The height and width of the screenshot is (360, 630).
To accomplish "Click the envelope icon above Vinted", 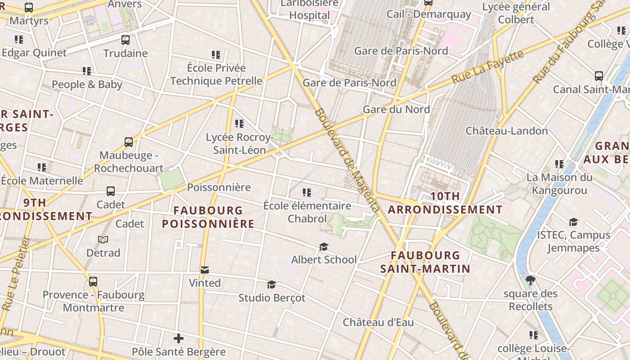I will pyautogui.click(x=205, y=270).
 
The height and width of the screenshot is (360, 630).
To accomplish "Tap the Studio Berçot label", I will pyautogui.click(x=272, y=298).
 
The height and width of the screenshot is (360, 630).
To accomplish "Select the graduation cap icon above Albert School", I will pyautogui.click(x=324, y=247).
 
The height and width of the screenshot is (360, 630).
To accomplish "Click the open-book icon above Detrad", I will pyautogui.click(x=103, y=240).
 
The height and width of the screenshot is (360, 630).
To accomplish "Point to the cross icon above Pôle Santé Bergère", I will pyautogui.click(x=179, y=338).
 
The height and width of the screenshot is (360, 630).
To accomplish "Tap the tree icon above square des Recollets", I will pyautogui.click(x=531, y=280).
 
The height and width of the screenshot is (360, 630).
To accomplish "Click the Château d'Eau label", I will pyautogui.click(x=378, y=323).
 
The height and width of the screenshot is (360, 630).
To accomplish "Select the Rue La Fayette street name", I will pyautogui.click(x=488, y=67).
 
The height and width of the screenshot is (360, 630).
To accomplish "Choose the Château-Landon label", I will pyautogui.click(x=506, y=131).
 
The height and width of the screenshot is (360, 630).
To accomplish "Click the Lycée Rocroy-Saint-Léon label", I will pyautogui.click(x=239, y=144).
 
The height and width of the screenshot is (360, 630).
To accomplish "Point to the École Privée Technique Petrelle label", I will pyautogui.click(x=216, y=75).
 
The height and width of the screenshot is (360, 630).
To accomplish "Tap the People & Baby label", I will pyautogui.click(x=87, y=85).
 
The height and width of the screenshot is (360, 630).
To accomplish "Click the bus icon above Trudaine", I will pyautogui.click(x=126, y=40).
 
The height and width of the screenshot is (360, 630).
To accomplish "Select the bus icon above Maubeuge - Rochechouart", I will pyautogui.click(x=129, y=143).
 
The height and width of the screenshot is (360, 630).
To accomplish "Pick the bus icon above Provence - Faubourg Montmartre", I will pyautogui.click(x=93, y=282).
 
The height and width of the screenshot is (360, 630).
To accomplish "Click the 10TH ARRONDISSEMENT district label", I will pyautogui.click(x=445, y=203).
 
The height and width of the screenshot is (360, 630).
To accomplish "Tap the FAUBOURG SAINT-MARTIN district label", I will pyautogui.click(x=425, y=262).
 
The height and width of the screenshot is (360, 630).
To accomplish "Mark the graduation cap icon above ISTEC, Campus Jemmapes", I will pyautogui.click(x=573, y=222).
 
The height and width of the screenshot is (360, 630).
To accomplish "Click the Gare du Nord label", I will pyautogui.click(x=396, y=109).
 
